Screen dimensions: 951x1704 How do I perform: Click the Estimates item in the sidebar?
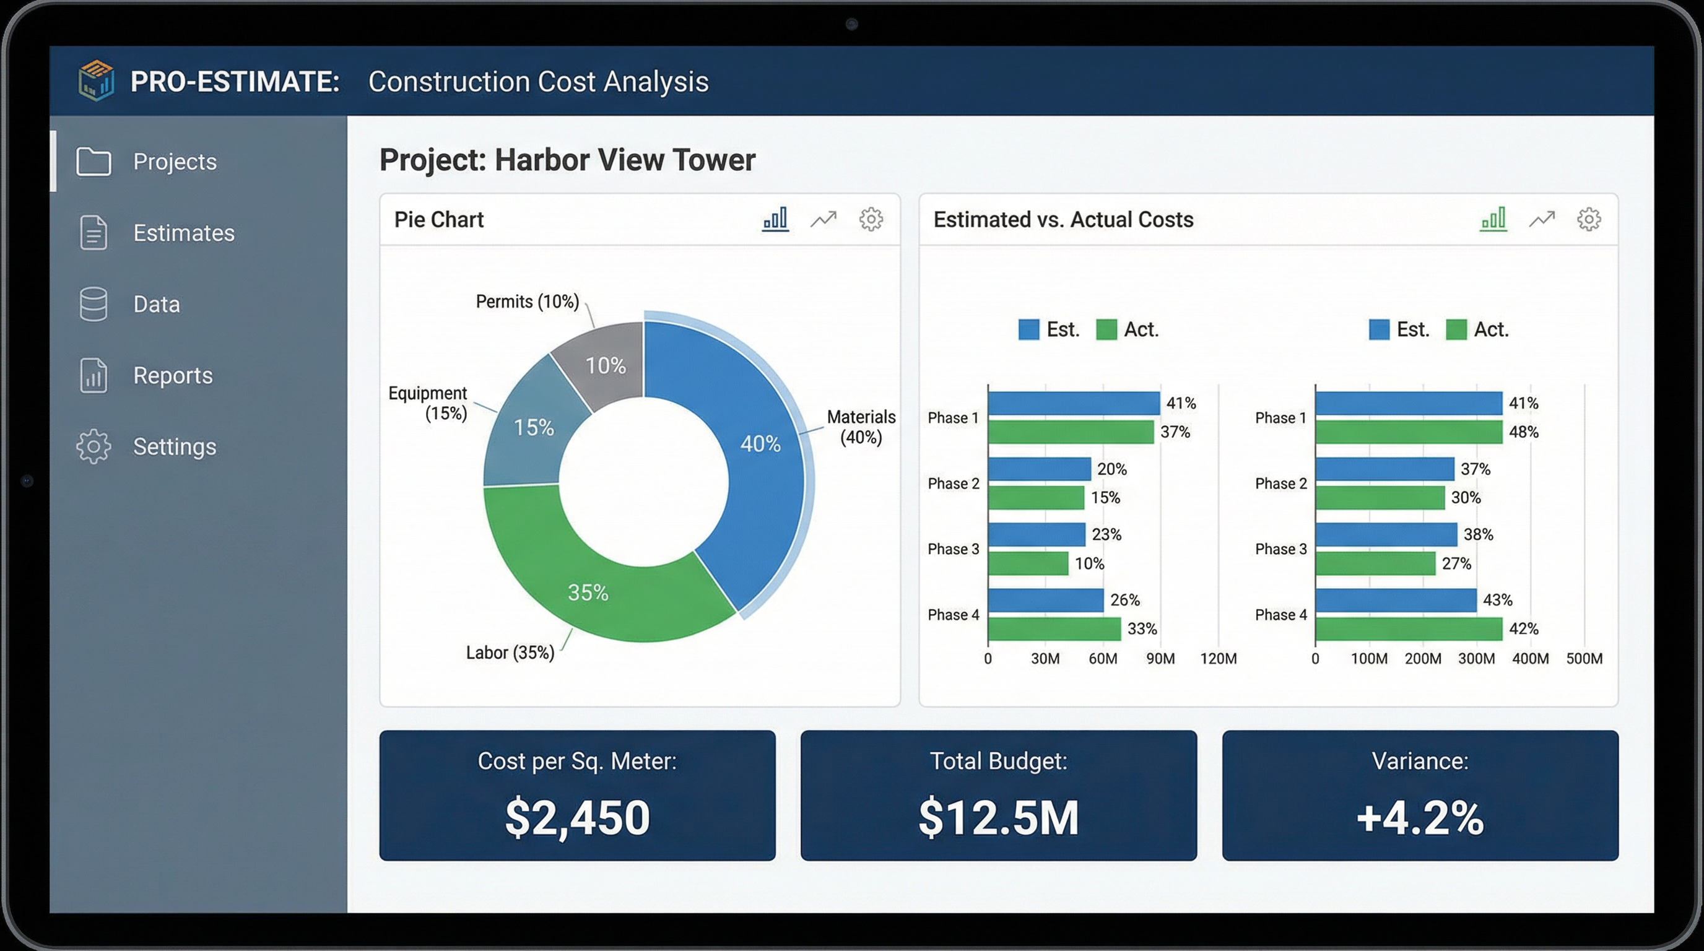[x=183, y=233]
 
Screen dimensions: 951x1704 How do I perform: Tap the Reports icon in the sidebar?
[x=93, y=376]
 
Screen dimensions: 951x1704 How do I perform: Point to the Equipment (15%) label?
[x=428, y=403]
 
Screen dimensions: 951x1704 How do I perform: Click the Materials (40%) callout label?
[x=861, y=427]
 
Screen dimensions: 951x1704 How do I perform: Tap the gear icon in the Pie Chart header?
[x=871, y=219]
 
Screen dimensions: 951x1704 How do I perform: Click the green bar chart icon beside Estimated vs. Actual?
[x=1493, y=219]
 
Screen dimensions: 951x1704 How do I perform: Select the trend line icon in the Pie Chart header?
[x=823, y=219]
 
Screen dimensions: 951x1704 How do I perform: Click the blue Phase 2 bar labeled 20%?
[x=1038, y=469]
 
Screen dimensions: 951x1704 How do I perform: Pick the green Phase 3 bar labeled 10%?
[x=1027, y=563]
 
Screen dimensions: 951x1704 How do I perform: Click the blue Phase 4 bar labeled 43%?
[x=1395, y=600]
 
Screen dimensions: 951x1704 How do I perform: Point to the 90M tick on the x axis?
[x=1160, y=659]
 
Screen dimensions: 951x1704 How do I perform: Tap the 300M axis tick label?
[x=1476, y=659]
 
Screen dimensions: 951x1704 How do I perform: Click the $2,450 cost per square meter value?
[x=577, y=817]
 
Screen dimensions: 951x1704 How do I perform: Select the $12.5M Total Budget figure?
[x=998, y=817]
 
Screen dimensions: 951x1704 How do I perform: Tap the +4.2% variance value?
[x=1420, y=817]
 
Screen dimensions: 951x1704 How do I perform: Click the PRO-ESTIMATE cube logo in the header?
[x=96, y=80]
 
